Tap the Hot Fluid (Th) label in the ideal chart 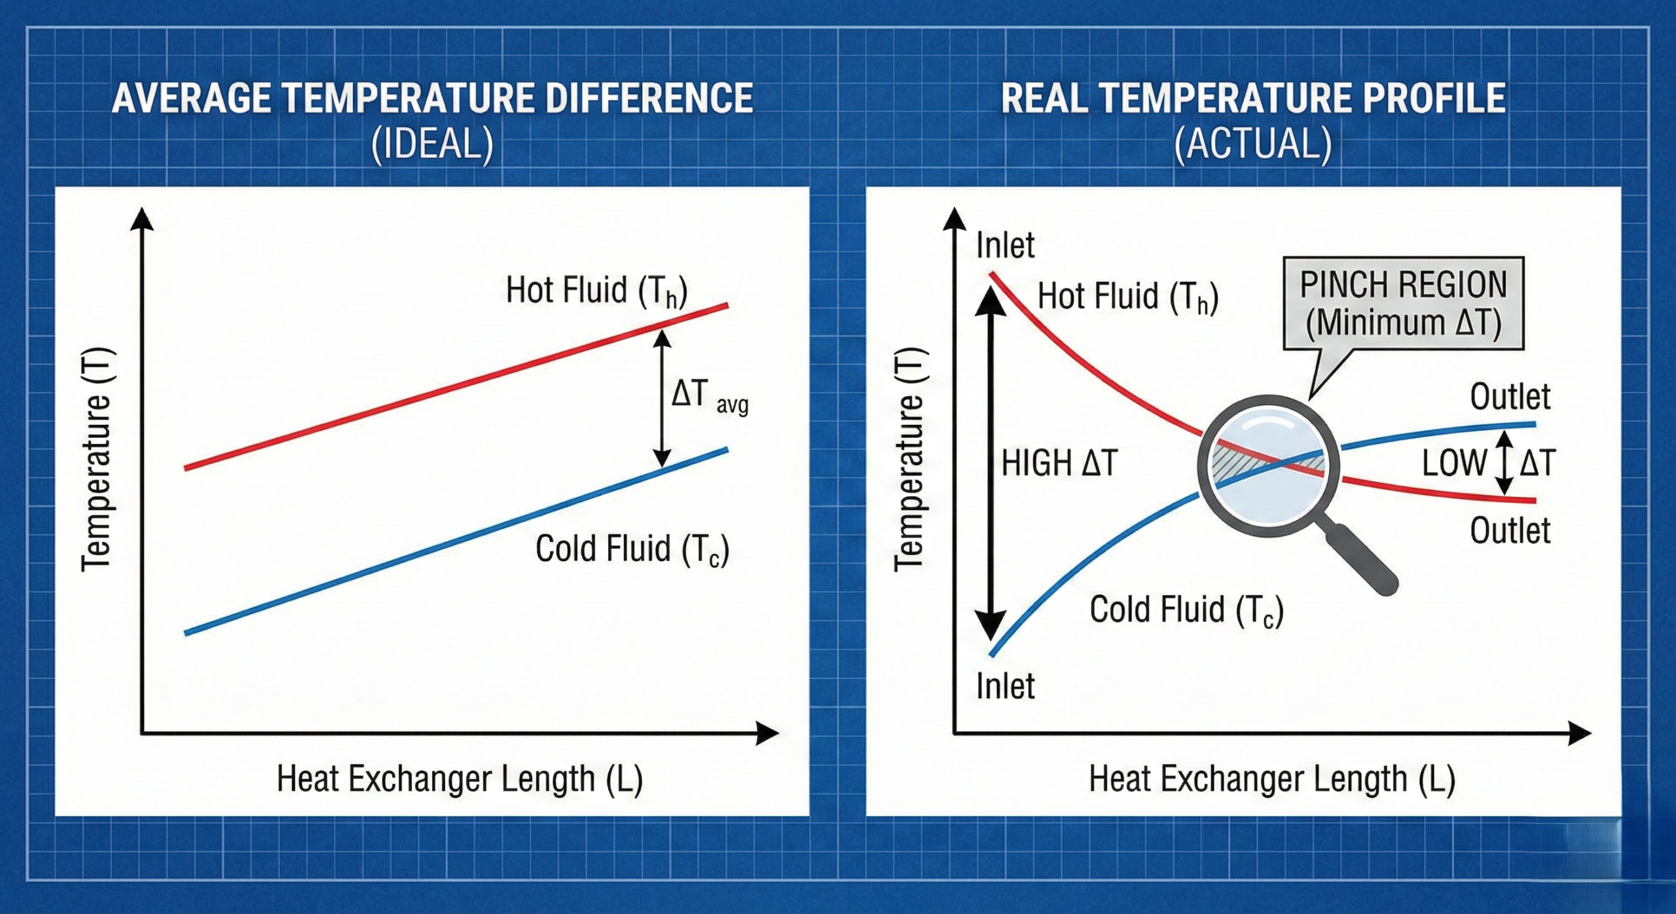[x=596, y=291]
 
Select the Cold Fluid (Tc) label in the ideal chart [x=632, y=549]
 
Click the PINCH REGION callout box [x=1403, y=303]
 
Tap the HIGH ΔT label [x=1059, y=463]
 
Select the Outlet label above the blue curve [x=1510, y=397]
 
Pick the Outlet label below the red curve [x=1510, y=530]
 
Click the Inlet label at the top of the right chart [x=1005, y=246]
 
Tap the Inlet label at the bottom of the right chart [x=1005, y=687]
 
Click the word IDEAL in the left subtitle [x=432, y=144]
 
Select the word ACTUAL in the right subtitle [x=1252, y=144]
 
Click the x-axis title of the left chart [x=460, y=779]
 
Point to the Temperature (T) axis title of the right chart [x=910, y=458]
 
